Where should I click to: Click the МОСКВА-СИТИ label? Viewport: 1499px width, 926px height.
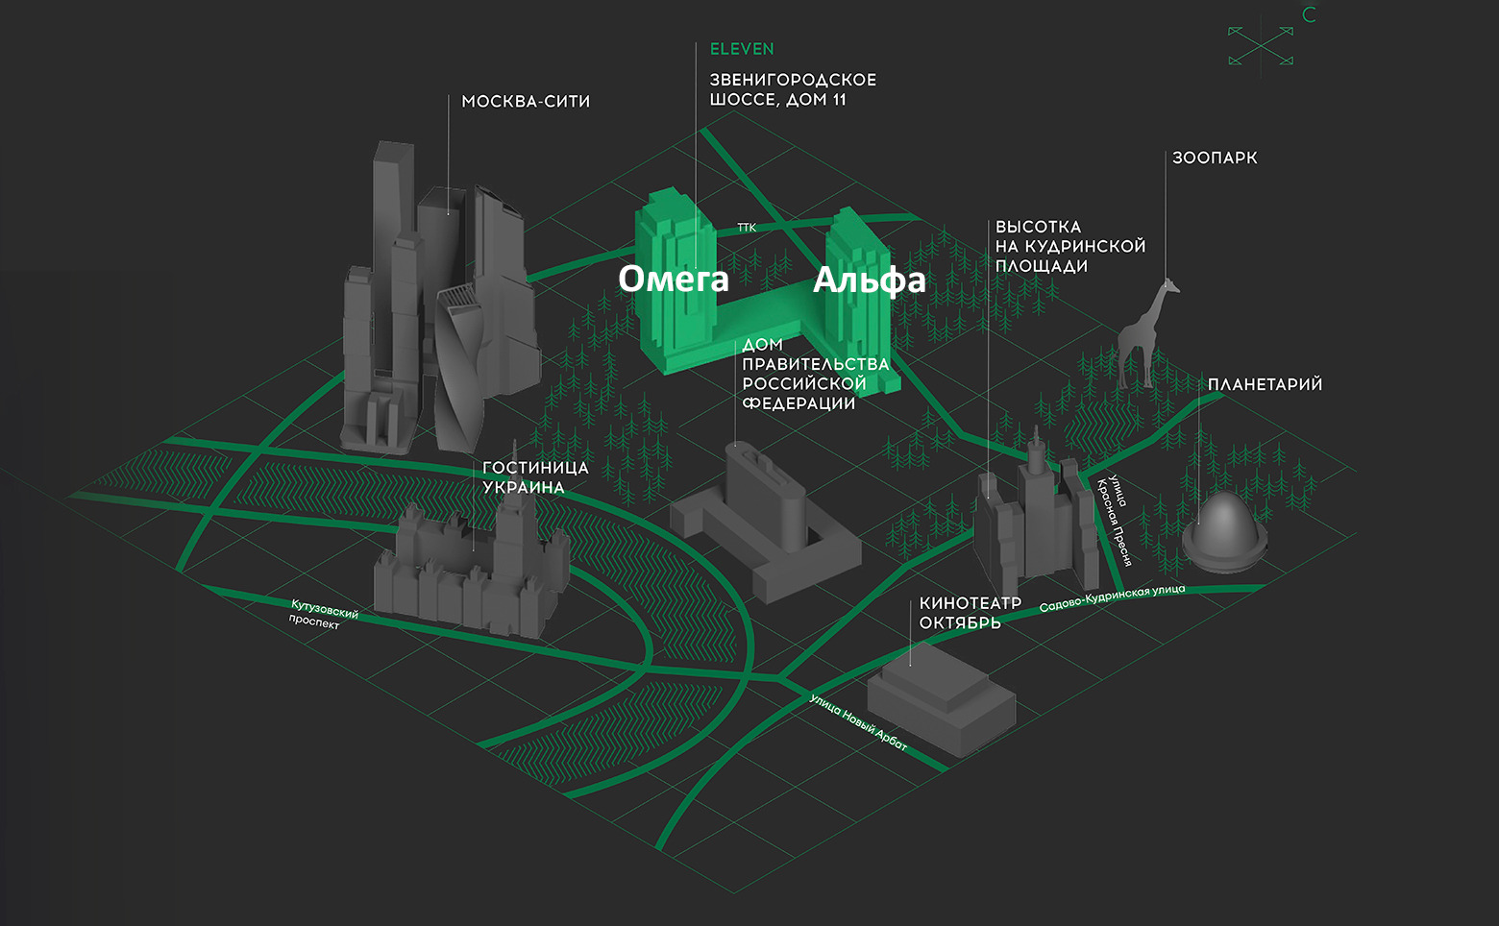(526, 102)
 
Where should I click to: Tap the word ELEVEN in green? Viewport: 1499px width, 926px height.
(742, 49)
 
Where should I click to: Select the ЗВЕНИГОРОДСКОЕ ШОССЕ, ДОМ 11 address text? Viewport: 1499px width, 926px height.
(793, 89)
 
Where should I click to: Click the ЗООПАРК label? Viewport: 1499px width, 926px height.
(1215, 158)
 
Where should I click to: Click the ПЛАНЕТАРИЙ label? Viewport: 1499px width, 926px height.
(1265, 384)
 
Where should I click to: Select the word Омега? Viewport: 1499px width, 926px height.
(674, 279)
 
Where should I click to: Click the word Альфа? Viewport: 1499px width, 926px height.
(869, 280)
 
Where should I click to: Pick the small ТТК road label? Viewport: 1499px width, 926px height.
(747, 228)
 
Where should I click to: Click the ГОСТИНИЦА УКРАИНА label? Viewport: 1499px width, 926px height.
(535, 477)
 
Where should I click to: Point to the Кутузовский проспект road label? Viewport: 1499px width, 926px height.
(322, 615)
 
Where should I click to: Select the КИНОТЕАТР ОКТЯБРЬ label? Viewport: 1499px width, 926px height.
(970, 613)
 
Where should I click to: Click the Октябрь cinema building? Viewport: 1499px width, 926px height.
(942, 696)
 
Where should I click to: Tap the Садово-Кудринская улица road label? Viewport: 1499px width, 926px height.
(1112, 597)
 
